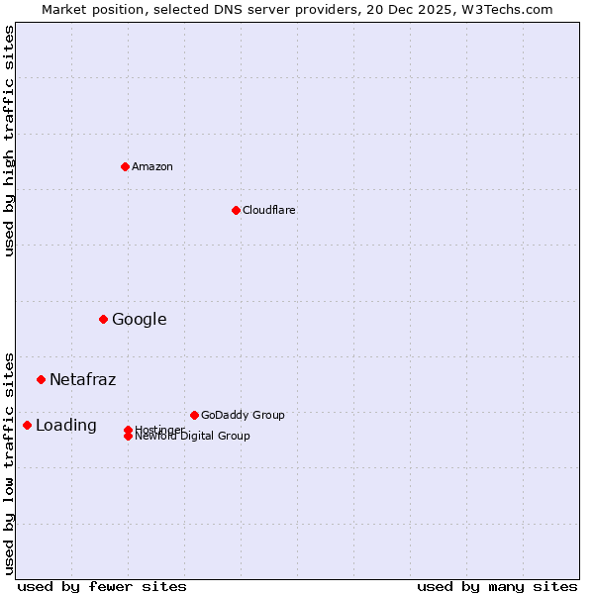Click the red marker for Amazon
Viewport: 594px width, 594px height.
pyautogui.click(x=125, y=166)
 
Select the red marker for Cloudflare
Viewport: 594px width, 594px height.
pyautogui.click(x=236, y=210)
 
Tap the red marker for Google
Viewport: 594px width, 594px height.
pyautogui.click(x=103, y=319)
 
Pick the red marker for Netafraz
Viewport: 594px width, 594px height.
pyautogui.click(x=41, y=379)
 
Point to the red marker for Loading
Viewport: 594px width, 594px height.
pyautogui.click(x=27, y=425)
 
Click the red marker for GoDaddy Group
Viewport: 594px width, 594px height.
pyautogui.click(x=194, y=415)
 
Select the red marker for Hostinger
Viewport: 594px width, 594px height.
pyautogui.click(x=128, y=430)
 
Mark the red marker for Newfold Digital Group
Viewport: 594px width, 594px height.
pyautogui.click(x=128, y=437)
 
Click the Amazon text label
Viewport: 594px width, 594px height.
pyautogui.click(x=152, y=166)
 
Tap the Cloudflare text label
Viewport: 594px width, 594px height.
pyautogui.click(x=269, y=210)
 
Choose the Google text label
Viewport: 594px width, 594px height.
pyautogui.click(x=140, y=319)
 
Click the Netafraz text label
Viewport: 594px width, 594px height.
pyautogui.click(x=83, y=379)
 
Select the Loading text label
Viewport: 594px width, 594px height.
pyautogui.click(x=66, y=425)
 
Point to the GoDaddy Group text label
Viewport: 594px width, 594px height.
pyautogui.click(x=243, y=415)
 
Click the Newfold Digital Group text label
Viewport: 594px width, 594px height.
pyautogui.click(x=193, y=437)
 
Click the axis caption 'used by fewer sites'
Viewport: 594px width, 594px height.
pyautogui.click(x=102, y=586)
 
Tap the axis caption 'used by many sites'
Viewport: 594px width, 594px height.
pyautogui.click(x=497, y=586)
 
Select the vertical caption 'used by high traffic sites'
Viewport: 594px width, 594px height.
pyautogui.click(x=9, y=141)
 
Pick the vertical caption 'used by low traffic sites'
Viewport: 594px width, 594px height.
pyautogui.click(x=9, y=462)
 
